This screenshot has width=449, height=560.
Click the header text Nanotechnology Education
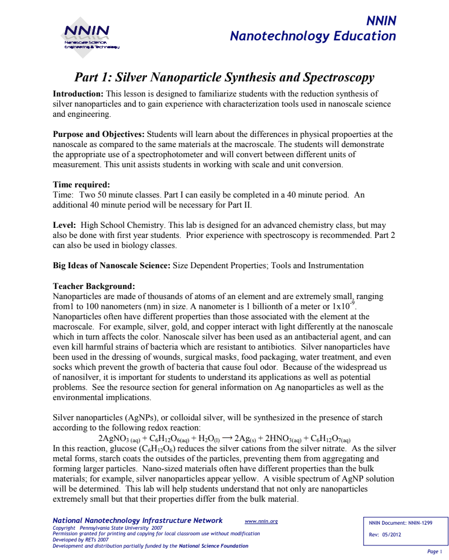(313, 36)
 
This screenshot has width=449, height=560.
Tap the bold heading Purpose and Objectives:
(99, 135)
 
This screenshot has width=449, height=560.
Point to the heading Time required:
(81, 185)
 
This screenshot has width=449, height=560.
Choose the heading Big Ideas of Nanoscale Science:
(111, 265)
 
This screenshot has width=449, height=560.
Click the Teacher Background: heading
(94, 286)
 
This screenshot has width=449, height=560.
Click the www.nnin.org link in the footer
(261, 521)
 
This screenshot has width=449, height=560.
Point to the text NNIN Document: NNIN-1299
(401, 523)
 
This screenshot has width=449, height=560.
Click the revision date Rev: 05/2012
(385, 534)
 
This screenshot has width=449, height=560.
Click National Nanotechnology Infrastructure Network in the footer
(137, 521)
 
